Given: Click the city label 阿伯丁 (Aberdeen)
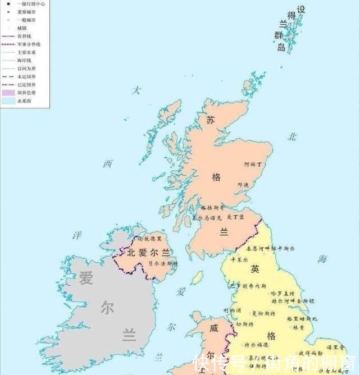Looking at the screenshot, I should (253, 164).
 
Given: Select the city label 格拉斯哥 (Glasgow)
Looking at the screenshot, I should (212, 207).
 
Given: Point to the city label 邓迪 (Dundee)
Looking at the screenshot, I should (243, 184).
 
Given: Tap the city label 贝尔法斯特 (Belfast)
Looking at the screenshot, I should (162, 263).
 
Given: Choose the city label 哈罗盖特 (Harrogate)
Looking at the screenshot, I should (282, 294).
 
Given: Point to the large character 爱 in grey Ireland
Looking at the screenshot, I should (85, 278).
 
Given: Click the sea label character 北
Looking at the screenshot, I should (291, 136).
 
